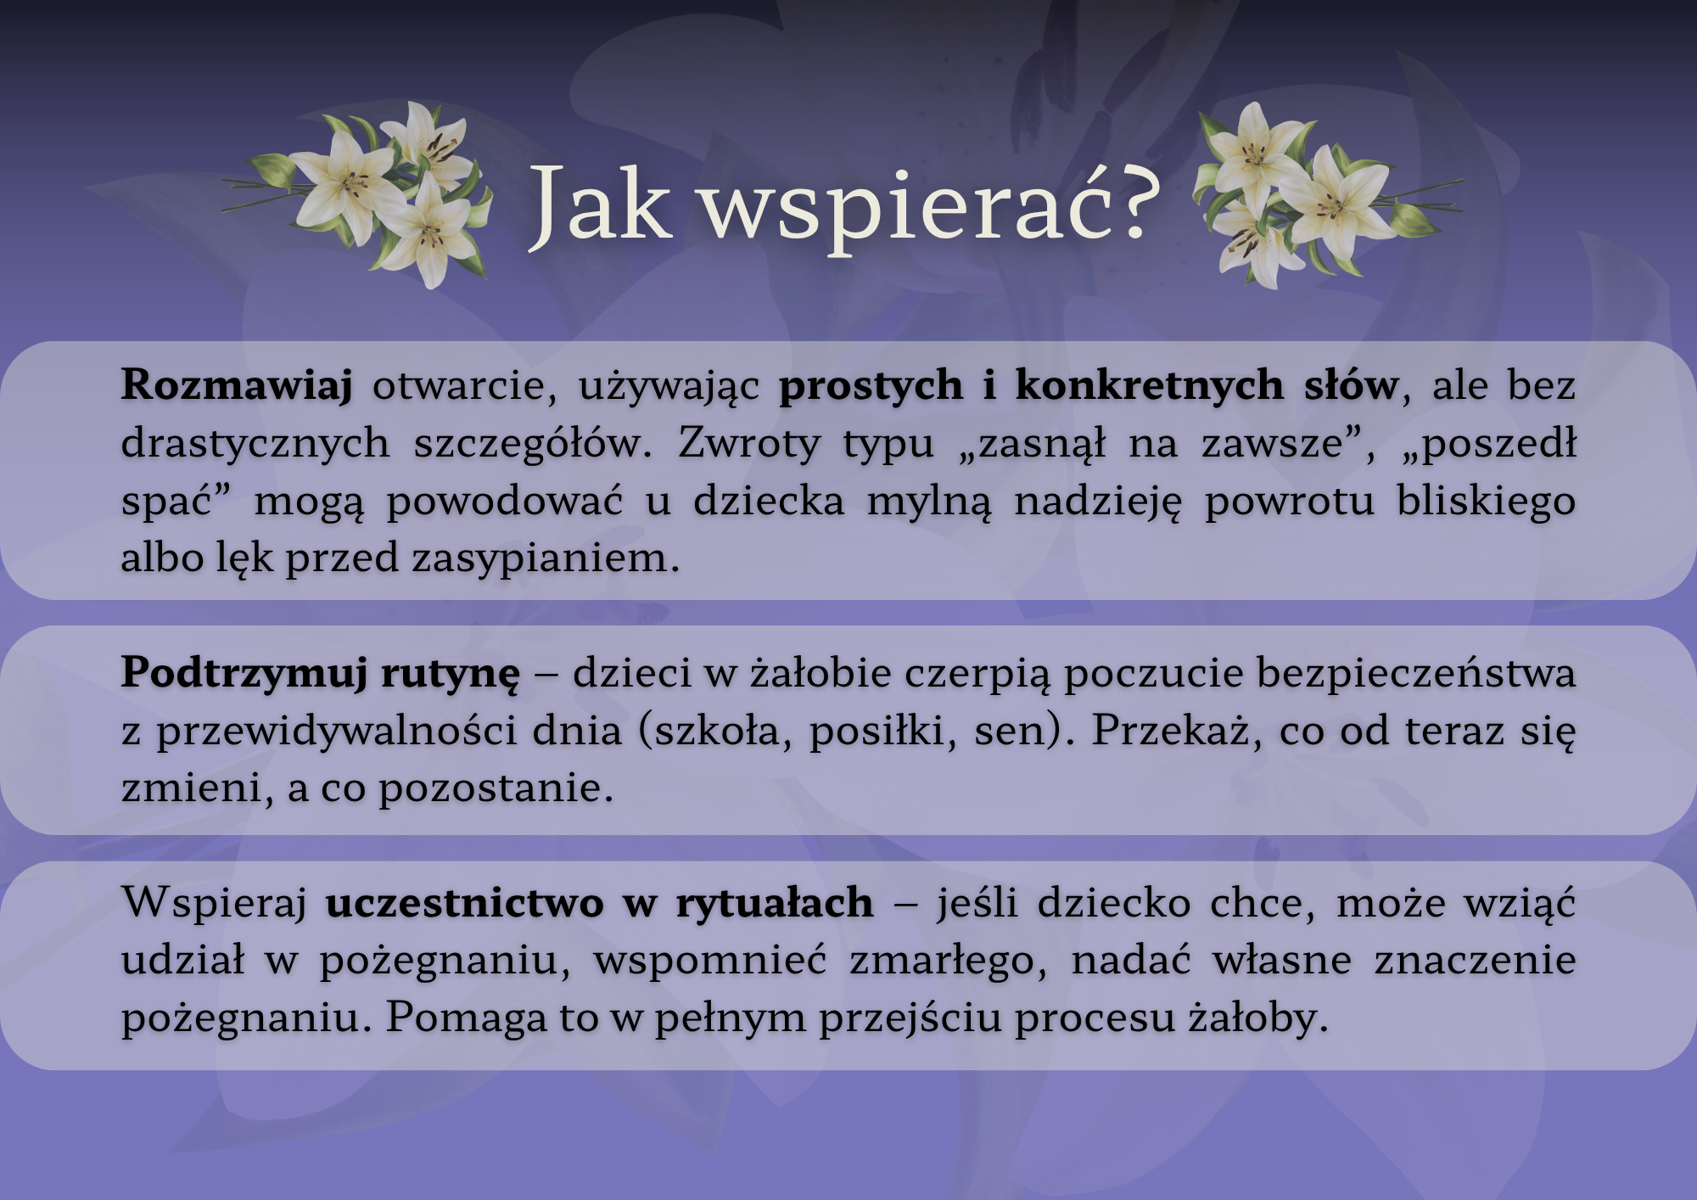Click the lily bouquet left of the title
(x=357, y=194)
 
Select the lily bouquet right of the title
(x=1328, y=194)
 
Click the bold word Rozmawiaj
(x=237, y=385)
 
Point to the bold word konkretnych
(x=1149, y=385)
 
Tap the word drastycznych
(x=255, y=444)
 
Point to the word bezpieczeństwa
(x=1416, y=673)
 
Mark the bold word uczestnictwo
(x=464, y=903)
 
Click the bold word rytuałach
(x=775, y=903)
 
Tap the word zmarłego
(x=949, y=962)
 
